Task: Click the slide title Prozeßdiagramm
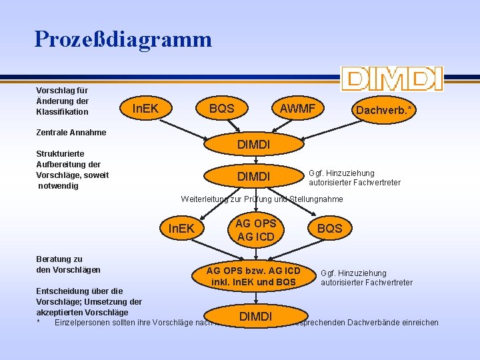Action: point(123,39)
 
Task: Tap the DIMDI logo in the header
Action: point(391,79)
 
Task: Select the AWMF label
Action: point(297,107)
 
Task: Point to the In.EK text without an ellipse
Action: point(145,107)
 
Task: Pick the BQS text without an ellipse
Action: point(221,107)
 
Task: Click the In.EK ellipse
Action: point(182,229)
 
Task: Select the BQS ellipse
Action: point(329,229)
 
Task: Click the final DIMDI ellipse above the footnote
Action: point(255,316)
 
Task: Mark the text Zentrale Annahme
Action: point(71,133)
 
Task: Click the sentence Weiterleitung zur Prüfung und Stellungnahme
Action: point(262,199)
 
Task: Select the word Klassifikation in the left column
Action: point(62,111)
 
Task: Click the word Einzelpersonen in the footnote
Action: point(83,323)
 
